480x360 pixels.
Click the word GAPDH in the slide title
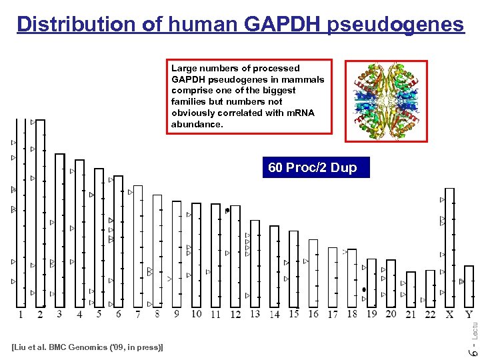coord(282,24)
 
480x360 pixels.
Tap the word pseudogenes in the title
coord(395,24)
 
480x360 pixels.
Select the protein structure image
coord(385,101)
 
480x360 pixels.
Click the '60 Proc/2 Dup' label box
coord(312,167)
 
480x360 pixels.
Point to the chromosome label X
coord(450,315)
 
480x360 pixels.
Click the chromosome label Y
coord(469,315)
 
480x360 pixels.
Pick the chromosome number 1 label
coord(21,315)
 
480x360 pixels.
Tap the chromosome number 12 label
coord(235,315)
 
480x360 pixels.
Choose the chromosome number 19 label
coord(371,315)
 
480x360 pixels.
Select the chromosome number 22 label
coord(430,315)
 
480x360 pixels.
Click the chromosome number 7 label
coord(138,315)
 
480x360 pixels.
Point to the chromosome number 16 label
coord(313,315)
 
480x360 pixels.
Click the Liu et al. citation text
coord(88,347)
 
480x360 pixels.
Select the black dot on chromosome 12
coord(227,211)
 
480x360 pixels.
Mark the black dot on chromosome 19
coord(364,289)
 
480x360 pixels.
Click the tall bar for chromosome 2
coord(40,213)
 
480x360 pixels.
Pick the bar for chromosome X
coord(450,247)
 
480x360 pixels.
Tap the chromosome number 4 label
coord(79,315)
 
